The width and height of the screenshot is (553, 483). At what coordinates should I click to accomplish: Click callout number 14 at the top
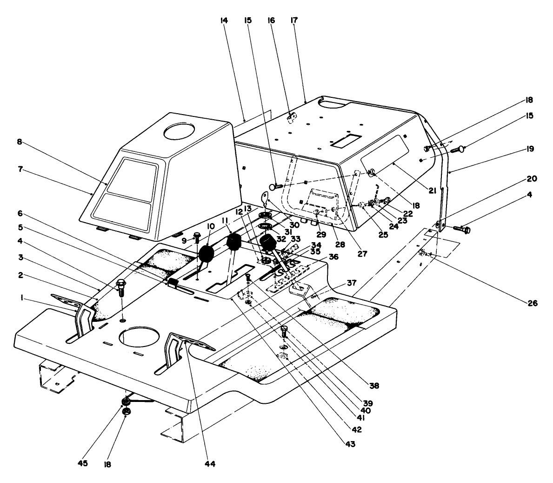pos(224,21)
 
